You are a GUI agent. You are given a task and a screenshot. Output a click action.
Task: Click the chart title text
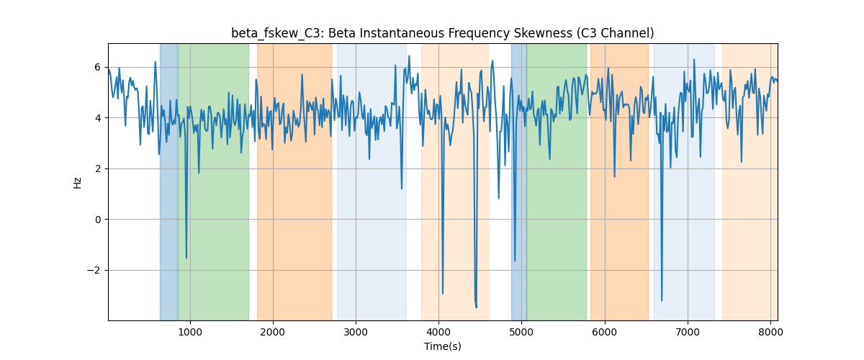pyautogui.click(x=442, y=33)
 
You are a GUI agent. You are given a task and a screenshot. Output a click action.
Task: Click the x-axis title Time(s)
pyautogui.click(x=442, y=346)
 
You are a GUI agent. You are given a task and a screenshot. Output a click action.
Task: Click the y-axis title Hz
pyautogui.click(x=77, y=183)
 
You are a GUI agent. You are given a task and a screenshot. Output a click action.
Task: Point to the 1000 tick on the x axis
pyautogui.click(x=190, y=332)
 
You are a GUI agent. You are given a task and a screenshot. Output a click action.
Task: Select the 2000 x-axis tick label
pyautogui.click(x=273, y=332)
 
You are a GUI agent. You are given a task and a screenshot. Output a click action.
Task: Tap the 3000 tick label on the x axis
pyautogui.click(x=356, y=332)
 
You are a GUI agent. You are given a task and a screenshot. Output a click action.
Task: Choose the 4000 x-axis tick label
pyautogui.click(x=438, y=332)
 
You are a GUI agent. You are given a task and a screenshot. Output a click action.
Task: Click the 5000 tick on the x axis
pyautogui.click(x=521, y=332)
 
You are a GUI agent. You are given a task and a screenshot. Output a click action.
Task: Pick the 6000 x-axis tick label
pyautogui.click(x=604, y=332)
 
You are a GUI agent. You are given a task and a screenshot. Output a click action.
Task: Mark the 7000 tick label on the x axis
pyautogui.click(x=688, y=332)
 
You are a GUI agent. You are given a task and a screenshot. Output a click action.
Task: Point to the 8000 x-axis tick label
pyautogui.click(x=770, y=332)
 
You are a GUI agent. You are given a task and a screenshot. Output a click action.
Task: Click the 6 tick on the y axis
pyautogui.click(x=98, y=68)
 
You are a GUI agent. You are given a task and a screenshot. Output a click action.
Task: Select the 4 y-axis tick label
pyautogui.click(x=98, y=118)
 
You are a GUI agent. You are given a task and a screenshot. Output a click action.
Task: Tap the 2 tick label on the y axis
pyautogui.click(x=98, y=169)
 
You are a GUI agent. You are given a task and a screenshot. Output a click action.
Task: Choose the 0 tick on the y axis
pyautogui.click(x=98, y=220)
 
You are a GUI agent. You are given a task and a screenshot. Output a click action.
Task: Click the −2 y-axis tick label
pyautogui.click(x=94, y=271)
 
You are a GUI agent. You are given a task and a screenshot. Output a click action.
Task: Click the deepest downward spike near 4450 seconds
pyautogui.click(x=477, y=307)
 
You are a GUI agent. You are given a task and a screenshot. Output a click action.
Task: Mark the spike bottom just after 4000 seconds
pyautogui.click(x=442, y=294)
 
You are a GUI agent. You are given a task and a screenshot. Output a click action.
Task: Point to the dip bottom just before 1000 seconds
pyautogui.click(x=186, y=258)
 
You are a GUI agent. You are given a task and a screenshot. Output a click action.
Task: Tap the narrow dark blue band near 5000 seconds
pyautogui.click(x=519, y=182)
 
